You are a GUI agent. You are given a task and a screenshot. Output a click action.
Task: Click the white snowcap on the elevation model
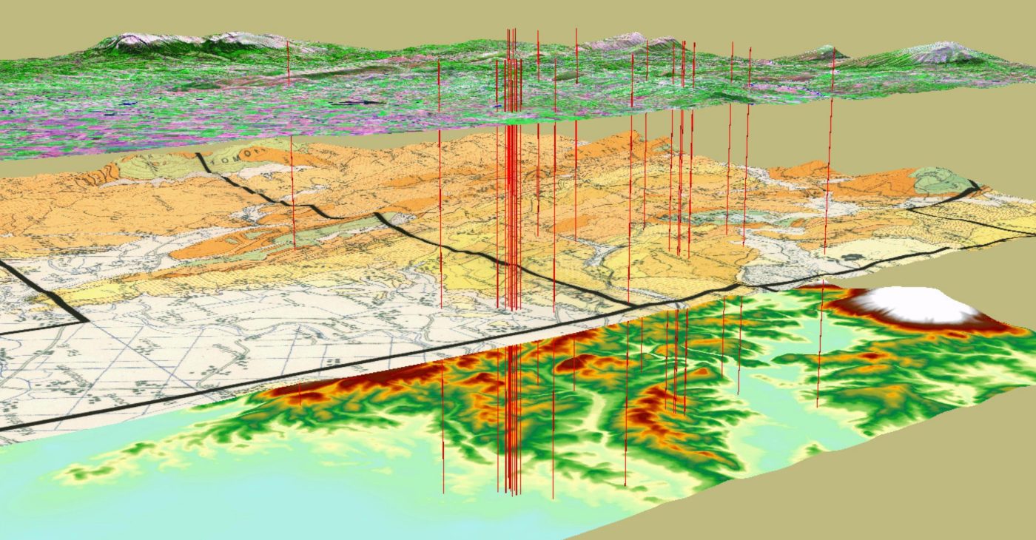[x=918, y=305]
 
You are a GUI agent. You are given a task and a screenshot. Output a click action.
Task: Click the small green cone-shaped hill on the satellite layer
[x=821, y=53]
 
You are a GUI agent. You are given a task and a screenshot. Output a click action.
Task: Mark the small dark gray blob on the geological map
[x=854, y=257]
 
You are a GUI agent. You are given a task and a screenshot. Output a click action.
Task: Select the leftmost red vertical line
[x=291, y=148]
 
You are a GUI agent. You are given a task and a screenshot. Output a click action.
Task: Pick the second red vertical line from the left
[x=440, y=185]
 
